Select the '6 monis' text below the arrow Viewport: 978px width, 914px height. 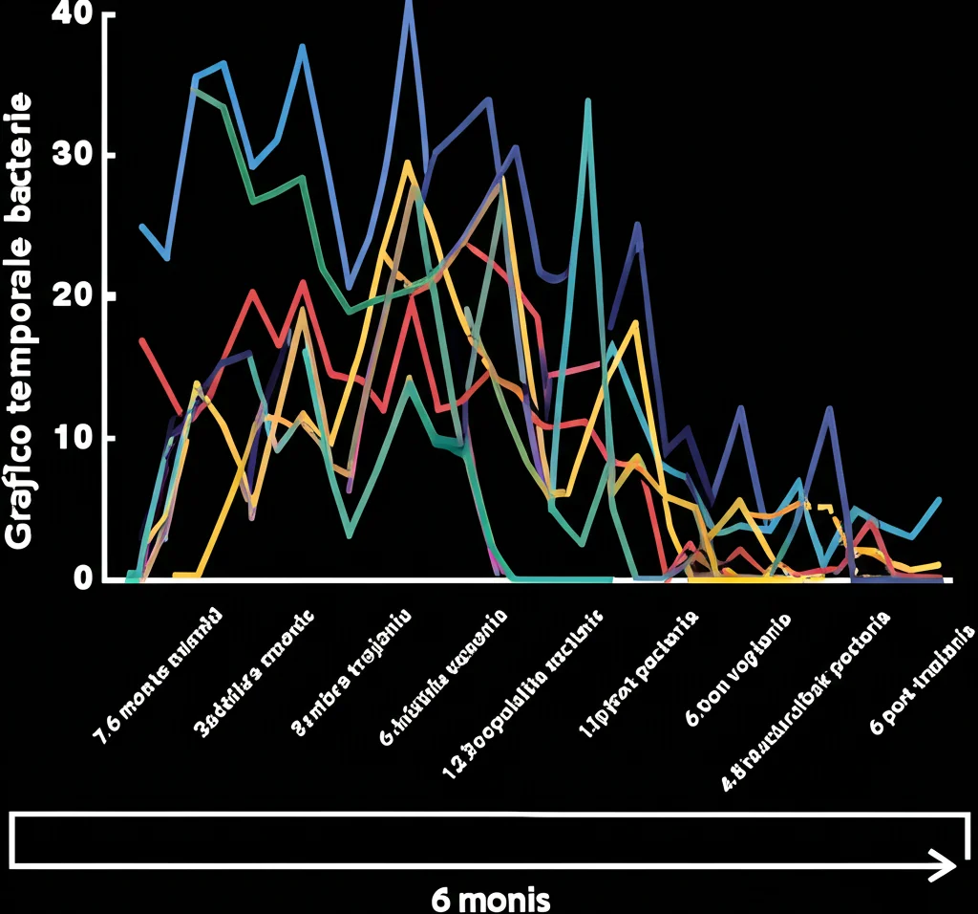click(x=490, y=899)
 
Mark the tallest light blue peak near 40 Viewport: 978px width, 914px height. click(x=409, y=8)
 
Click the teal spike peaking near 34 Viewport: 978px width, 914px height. click(x=587, y=100)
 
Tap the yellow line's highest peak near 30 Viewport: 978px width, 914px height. click(x=407, y=163)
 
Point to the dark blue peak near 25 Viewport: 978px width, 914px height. click(x=637, y=225)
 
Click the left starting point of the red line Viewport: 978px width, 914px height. click(x=141, y=339)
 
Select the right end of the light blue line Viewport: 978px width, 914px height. click(x=940, y=500)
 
